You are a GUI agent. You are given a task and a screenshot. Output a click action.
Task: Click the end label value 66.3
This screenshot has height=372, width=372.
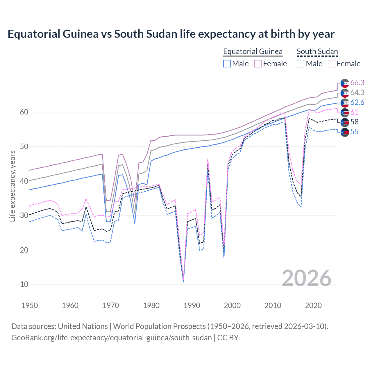pyautogui.click(x=357, y=83)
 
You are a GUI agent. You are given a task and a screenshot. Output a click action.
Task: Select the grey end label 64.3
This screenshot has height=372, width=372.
pyautogui.click(x=357, y=92)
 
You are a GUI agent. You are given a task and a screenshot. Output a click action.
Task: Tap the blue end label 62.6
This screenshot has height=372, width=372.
pyautogui.click(x=357, y=102)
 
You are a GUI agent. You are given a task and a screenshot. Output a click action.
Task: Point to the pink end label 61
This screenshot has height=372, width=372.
pyautogui.click(x=354, y=112)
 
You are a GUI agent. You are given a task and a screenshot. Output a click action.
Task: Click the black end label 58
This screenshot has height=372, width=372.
pyautogui.click(x=354, y=122)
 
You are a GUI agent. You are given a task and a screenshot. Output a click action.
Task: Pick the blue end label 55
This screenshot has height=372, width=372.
pyautogui.click(x=354, y=132)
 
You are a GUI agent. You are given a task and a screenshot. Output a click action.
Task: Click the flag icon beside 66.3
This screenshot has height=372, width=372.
pyautogui.click(x=345, y=83)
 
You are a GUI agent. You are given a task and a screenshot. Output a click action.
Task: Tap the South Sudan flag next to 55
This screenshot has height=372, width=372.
pyautogui.click(x=345, y=132)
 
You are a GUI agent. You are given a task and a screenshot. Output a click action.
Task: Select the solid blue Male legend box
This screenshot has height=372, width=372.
pyautogui.click(x=227, y=64)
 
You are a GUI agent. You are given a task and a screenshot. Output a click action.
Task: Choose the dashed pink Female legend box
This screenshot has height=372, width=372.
pyautogui.click(x=332, y=64)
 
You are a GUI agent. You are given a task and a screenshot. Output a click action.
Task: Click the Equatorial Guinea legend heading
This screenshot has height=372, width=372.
pyautogui.click(x=253, y=51)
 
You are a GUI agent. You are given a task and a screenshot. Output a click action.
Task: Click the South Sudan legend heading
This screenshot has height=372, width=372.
pyautogui.click(x=317, y=51)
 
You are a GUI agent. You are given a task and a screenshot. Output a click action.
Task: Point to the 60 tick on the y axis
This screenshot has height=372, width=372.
pyautogui.click(x=24, y=112)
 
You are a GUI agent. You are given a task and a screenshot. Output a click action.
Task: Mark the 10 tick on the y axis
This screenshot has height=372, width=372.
pyautogui.click(x=24, y=284)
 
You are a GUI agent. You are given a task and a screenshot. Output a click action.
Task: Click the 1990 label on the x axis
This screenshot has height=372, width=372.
pyautogui.click(x=192, y=305)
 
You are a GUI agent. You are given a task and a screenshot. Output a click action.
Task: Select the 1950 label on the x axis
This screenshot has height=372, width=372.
pyautogui.click(x=30, y=305)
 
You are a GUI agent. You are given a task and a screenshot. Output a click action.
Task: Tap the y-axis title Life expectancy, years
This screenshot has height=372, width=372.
pyautogui.click(x=12, y=186)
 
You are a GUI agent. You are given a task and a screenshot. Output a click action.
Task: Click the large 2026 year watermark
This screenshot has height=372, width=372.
pyautogui.click(x=306, y=278)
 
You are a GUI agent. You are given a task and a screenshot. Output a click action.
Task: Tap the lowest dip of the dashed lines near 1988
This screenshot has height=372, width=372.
pyautogui.click(x=183, y=281)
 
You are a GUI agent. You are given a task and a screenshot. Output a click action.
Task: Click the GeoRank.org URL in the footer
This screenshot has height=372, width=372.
pyautogui.click(x=112, y=338)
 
